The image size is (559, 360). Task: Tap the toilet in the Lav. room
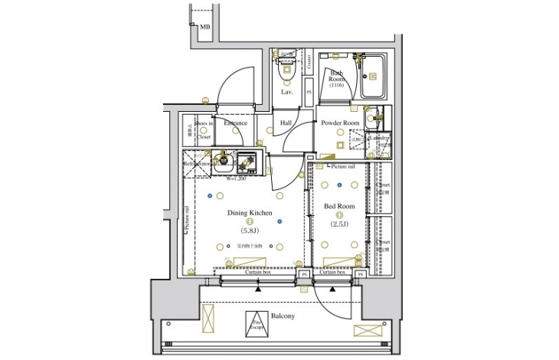tap(287, 68)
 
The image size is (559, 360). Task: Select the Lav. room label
tap(287, 92)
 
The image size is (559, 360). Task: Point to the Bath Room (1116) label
tap(338, 78)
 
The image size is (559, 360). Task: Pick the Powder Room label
tap(340, 123)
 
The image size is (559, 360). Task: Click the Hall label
tap(286, 123)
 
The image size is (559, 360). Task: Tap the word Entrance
tap(234, 123)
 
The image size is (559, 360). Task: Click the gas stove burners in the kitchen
tap(247, 162)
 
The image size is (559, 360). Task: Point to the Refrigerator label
tap(196, 163)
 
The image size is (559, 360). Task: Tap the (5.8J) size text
tap(250, 231)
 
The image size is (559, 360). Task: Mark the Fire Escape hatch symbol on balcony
tap(254, 322)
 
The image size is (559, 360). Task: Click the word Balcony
tap(283, 316)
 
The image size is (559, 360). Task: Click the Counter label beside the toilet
tap(309, 68)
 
